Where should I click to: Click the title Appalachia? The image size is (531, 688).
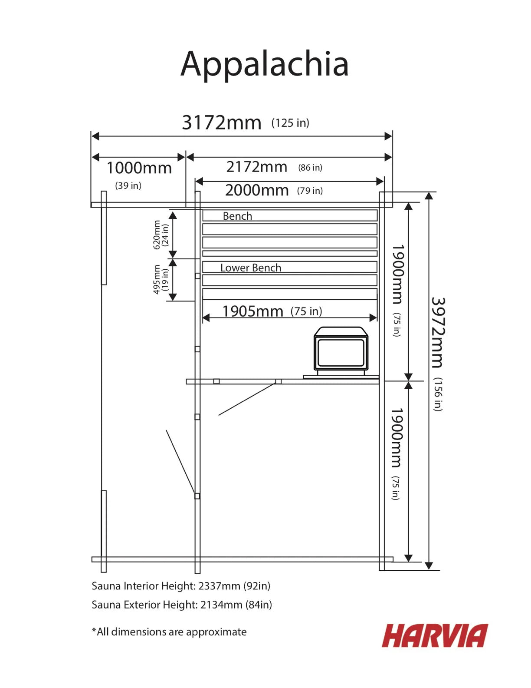click(264, 65)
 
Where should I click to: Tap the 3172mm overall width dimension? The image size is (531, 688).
click(222, 122)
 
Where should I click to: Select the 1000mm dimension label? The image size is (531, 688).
click(139, 168)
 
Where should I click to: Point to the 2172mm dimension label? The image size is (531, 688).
click(256, 167)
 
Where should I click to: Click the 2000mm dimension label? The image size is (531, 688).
click(257, 190)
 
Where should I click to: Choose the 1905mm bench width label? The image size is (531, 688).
click(252, 311)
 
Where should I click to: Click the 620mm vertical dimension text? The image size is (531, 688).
click(157, 235)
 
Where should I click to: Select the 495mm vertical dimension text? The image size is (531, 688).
click(157, 280)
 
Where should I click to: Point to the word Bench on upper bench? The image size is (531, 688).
click(237, 216)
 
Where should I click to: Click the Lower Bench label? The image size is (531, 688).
click(251, 268)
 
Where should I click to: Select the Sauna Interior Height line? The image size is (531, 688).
click(181, 586)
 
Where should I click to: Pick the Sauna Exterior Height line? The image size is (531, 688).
click(182, 605)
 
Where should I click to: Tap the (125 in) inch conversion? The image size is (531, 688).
click(290, 123)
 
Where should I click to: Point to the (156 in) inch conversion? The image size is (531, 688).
click(438, 394)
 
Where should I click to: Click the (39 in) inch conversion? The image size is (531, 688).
click(128, 185)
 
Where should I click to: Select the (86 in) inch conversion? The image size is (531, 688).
click(310, 168)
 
